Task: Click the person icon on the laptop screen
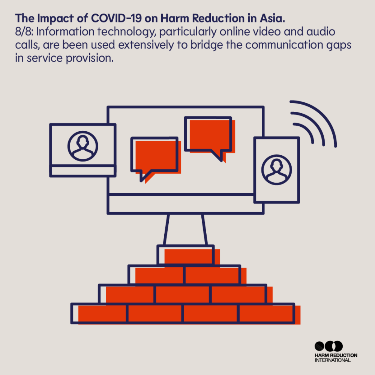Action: tap(83, 146)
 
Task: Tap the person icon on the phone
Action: tap(277, 170)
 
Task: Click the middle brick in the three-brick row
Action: tap(183, 294)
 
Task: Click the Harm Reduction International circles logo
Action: tap(328, 346)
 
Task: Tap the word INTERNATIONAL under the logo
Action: tap(333, 360)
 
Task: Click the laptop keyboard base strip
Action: tap(83, 171)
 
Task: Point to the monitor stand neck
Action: tap(185, 229)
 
